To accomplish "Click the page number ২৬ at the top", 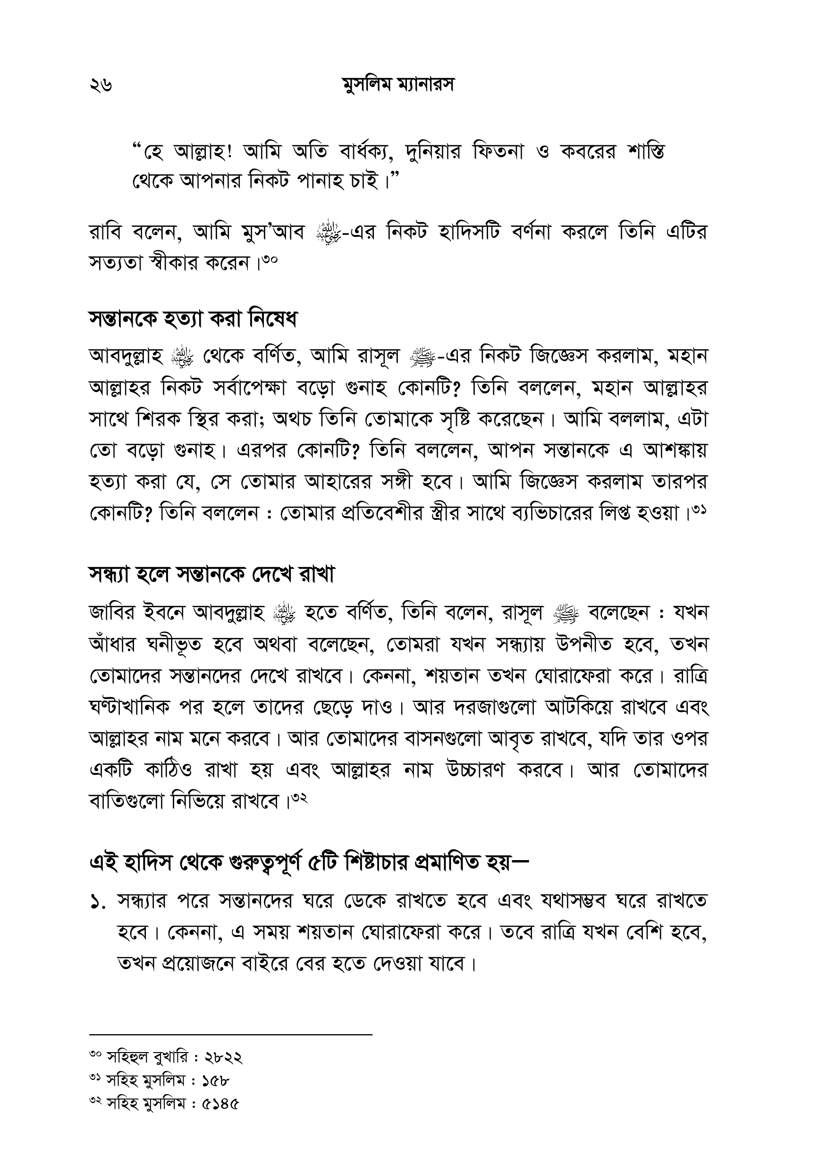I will pyautogui.click(x=101, y=86).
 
